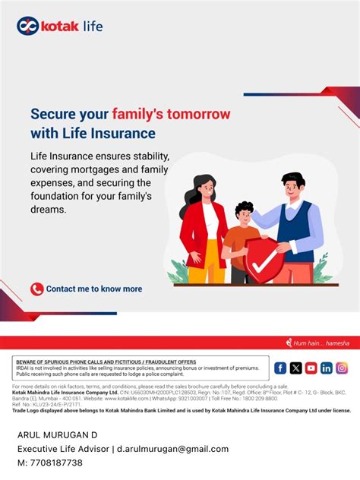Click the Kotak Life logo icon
28,26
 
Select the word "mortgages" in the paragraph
93,169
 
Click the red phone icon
36,289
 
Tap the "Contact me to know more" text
94,289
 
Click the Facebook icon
280,368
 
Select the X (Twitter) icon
295,368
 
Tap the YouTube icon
311,368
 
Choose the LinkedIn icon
327,368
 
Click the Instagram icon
342,368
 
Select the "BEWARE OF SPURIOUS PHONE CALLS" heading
106,362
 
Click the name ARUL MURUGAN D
58,435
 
